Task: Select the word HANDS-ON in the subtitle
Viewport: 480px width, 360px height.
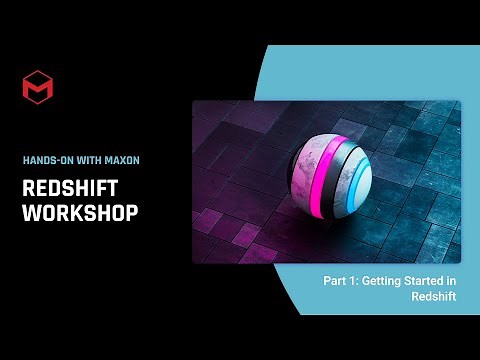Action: coord(46,159)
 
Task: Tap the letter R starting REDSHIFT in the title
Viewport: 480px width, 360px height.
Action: coord(29,187)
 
